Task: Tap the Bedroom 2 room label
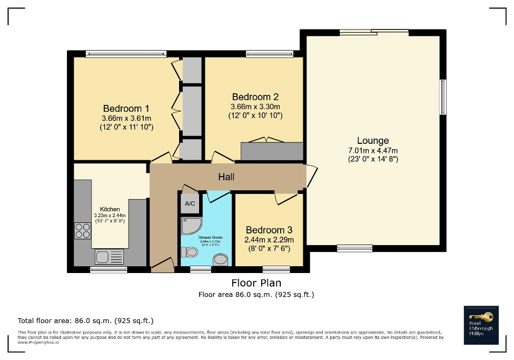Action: [255, 97]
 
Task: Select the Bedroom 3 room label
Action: [269, 230]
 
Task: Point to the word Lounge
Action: [373, 140]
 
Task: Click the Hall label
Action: [226, 177]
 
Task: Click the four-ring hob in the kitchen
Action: [82, 231]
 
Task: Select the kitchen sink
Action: [109, 257]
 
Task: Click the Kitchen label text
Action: [110, 209]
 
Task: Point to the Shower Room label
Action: [210, 238]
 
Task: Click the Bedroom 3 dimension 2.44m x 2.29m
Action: [269, 239]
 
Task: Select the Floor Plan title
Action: [256, 283]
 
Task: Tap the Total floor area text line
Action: [86, 320]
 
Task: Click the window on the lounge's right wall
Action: [443, 97]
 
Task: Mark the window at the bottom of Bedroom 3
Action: [276, 269]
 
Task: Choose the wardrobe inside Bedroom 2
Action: [272, 151]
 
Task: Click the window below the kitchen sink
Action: [108, 269]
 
